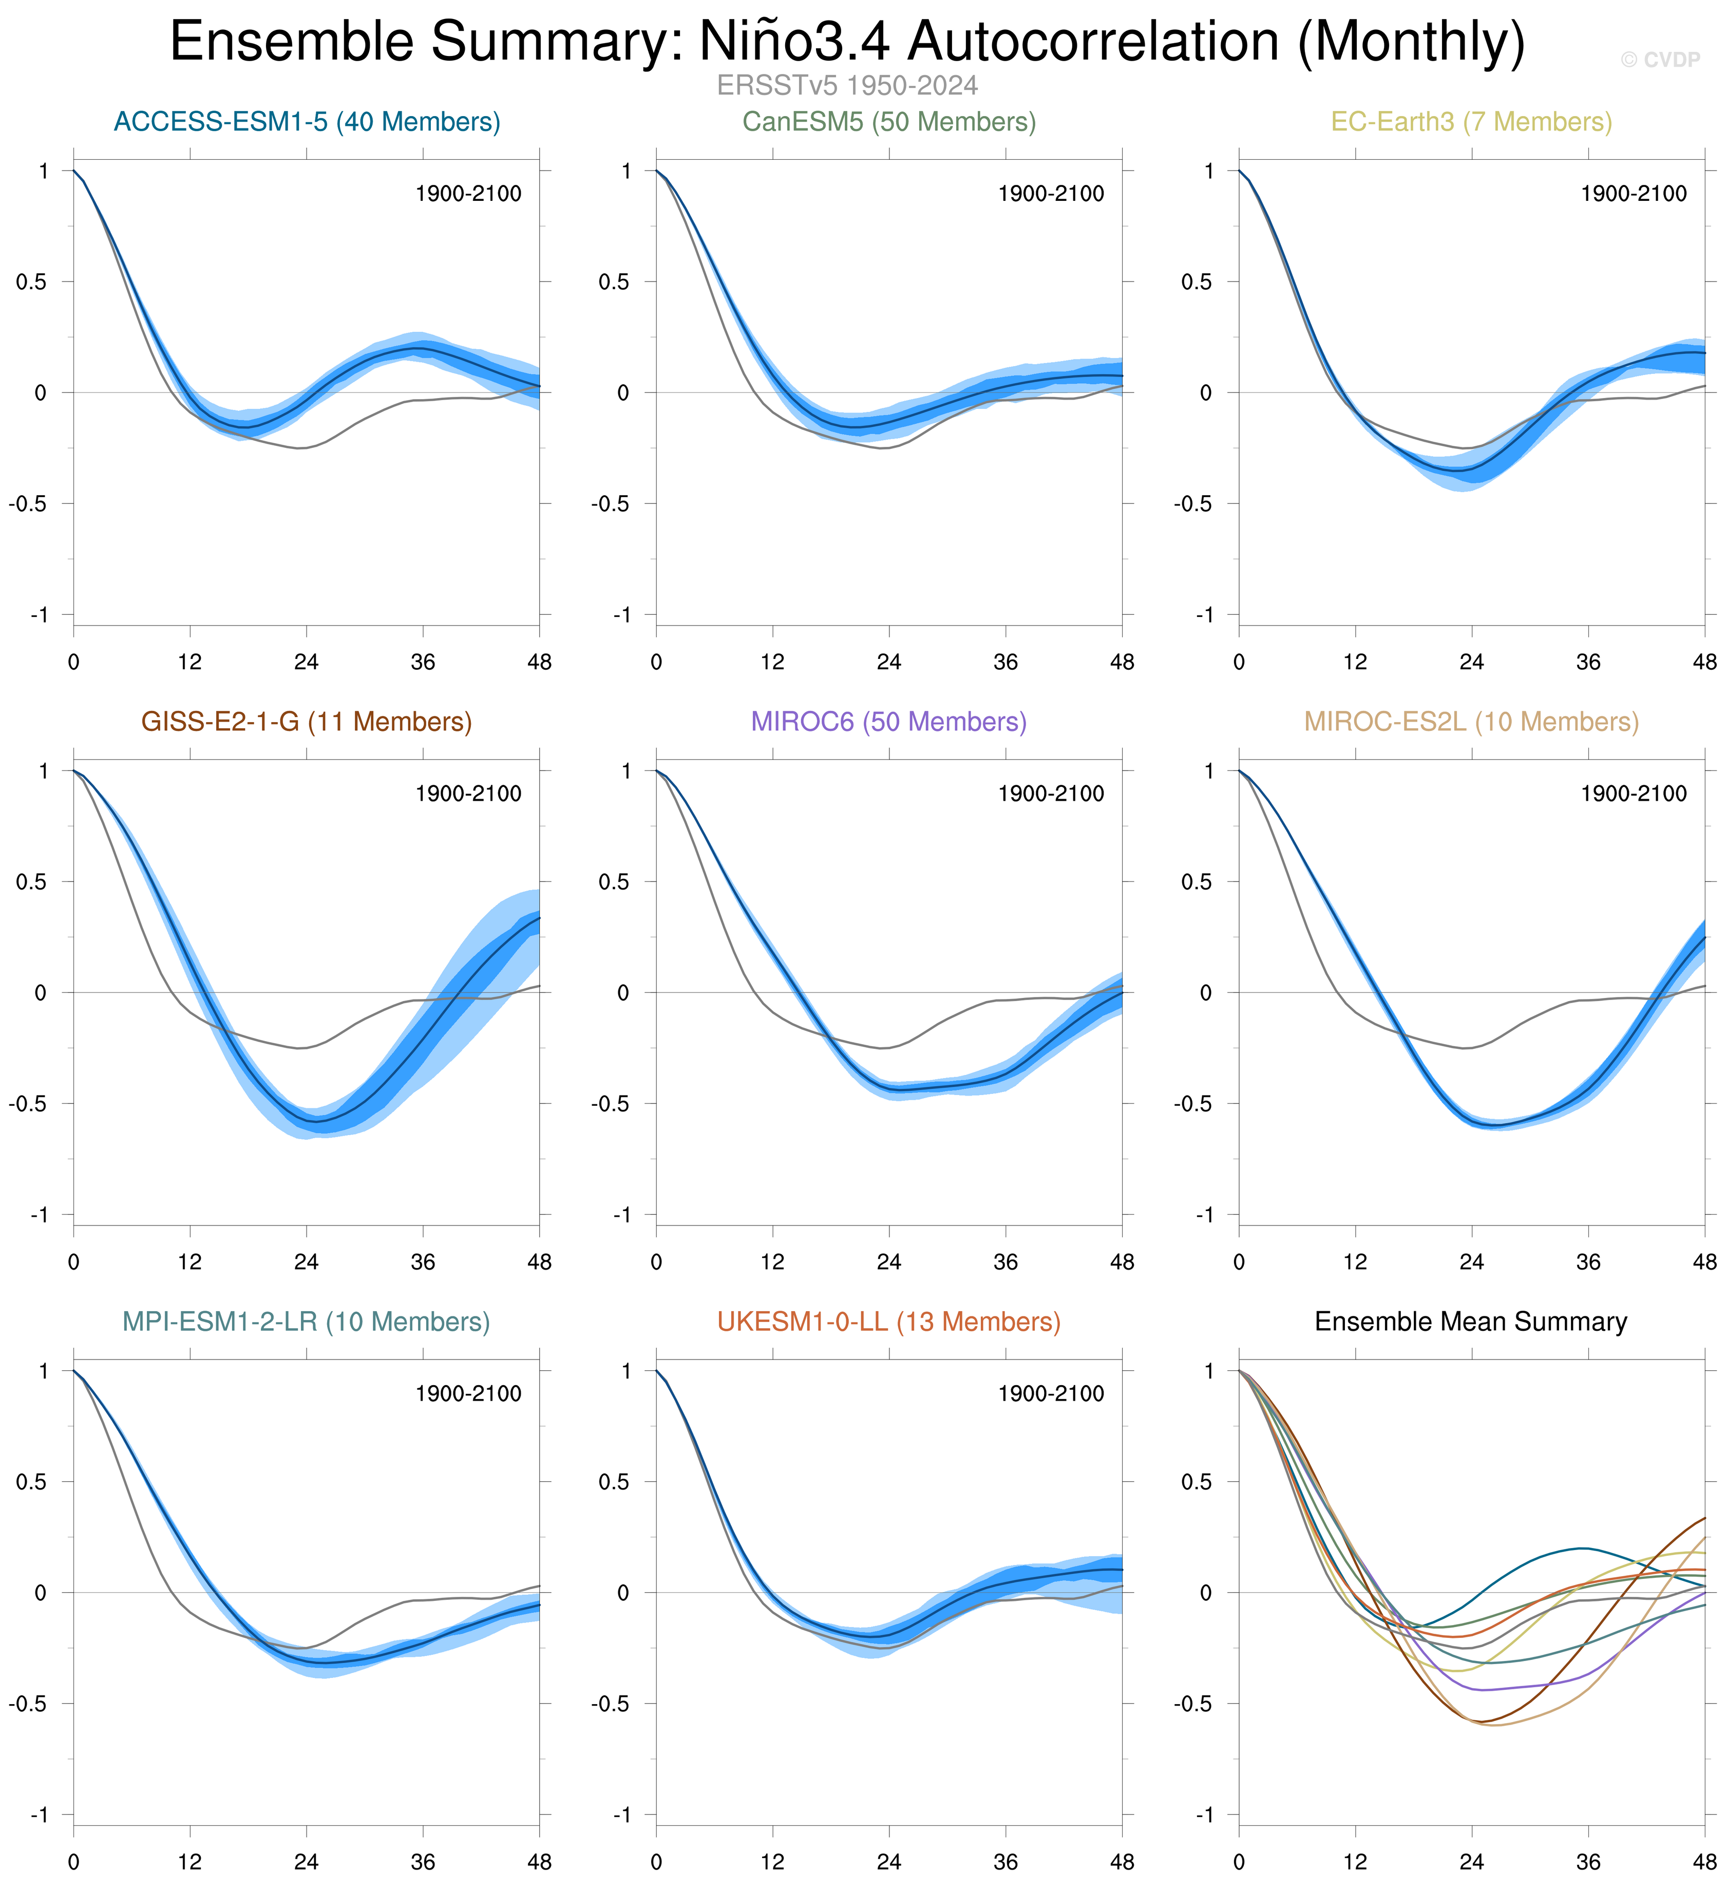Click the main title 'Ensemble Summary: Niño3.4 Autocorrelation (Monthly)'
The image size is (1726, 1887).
click(x=847, y=42)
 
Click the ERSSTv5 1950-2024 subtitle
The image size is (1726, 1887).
click(x=847, y=86)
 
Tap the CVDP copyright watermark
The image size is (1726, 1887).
click(x=1660, y=60)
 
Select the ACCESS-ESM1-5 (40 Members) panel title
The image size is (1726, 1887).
click(x=307, y=122)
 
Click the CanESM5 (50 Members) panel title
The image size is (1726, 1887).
click(x=889, y=122)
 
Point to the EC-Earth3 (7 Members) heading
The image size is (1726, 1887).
click(x=1471, y=122)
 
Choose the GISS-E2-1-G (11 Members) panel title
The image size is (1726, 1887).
click(x=307, y=722)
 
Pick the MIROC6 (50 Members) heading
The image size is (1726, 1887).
click(x=889, y=722)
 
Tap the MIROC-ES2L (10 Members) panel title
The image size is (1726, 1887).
click(x=1471, y=722)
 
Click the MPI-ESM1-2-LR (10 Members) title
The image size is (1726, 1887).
click(x=307, y=1322)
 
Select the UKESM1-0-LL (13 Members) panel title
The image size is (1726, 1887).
click(x=889, y=1322)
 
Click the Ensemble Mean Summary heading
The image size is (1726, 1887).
click(x=1471, y=1322)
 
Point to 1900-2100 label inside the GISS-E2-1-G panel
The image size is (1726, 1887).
click(x=468, y=794)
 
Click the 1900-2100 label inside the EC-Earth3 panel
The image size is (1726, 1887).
click(x=1634, y=194)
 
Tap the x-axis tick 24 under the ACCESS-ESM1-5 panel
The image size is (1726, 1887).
click(x=306, y=663)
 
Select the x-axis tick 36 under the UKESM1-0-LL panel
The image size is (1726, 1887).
click(x=1006, y=1863)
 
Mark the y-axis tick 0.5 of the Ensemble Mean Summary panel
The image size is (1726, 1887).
click(x=1196, y=1482)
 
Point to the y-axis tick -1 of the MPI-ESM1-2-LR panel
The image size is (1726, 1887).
click(x=40, y=1815)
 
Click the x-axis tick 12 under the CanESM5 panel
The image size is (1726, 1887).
click(x=772, y=663)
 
